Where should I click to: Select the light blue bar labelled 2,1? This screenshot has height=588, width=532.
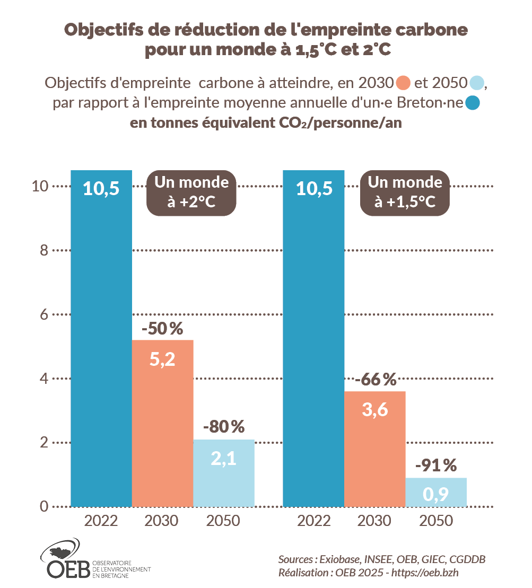(x=224, y=472)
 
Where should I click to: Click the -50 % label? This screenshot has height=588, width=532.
(x=162, y=329)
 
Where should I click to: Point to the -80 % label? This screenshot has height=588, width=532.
(x=224, y=426)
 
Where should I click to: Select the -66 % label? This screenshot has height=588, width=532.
(x=376, y=380)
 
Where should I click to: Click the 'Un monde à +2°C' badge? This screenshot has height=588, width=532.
(x=191, y=193)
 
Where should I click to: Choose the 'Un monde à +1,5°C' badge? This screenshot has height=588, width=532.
(x=405, y=193)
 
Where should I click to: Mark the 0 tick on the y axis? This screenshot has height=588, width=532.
(x=44, y=507)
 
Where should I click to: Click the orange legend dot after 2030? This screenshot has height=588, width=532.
(x=404, y=83)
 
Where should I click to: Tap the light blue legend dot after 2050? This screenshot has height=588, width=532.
(x=476, y=83)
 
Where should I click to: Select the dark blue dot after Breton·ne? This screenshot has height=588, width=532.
(x=473, y=103)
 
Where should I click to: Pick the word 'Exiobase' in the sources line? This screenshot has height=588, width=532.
(x=340, y=559)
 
